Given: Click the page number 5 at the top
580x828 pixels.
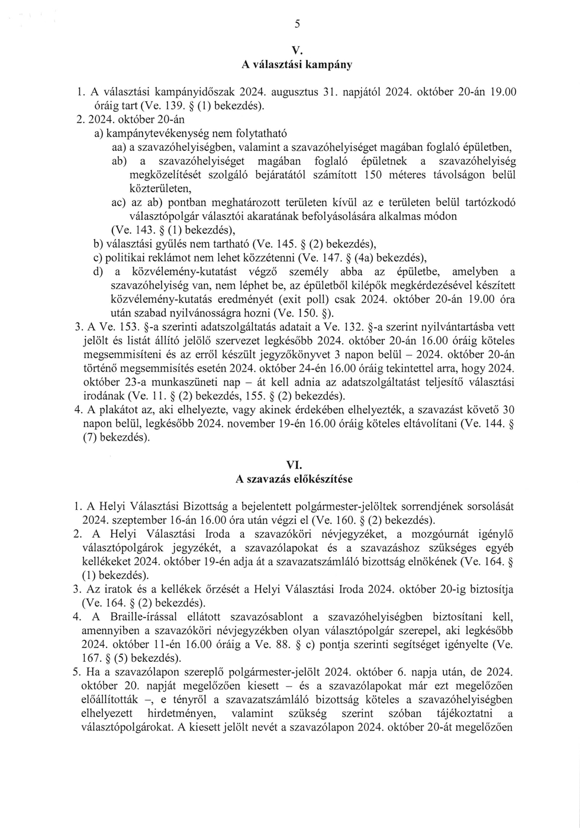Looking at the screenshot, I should coord(297,24).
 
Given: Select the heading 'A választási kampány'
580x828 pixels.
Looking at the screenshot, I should coord(297,65).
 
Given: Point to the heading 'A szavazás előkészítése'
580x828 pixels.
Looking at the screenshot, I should coord(294,479).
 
